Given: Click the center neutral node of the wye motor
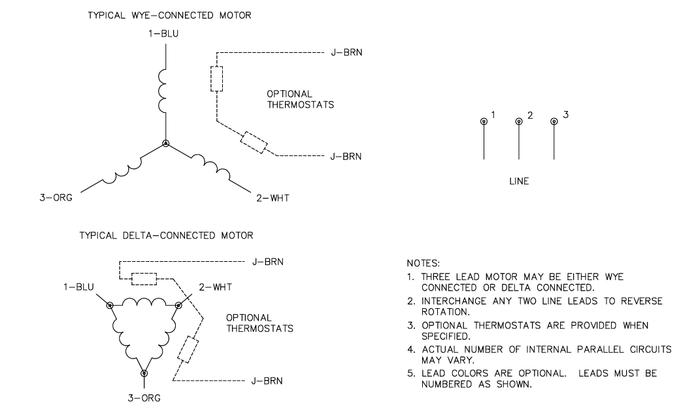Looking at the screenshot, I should (x=166, y=143).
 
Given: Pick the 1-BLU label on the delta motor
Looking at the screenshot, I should (x=81, y=287).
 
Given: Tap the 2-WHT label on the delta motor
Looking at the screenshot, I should (x=214, y=287).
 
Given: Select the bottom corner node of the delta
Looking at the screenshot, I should (x=144, y=373).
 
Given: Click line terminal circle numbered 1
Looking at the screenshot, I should (x=484, y=121).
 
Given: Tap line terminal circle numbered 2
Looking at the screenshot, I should (x=519, y=121).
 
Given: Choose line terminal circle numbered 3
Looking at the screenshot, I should (x=554, y=121).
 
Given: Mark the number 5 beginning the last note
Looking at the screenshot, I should (x=409, y=373).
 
